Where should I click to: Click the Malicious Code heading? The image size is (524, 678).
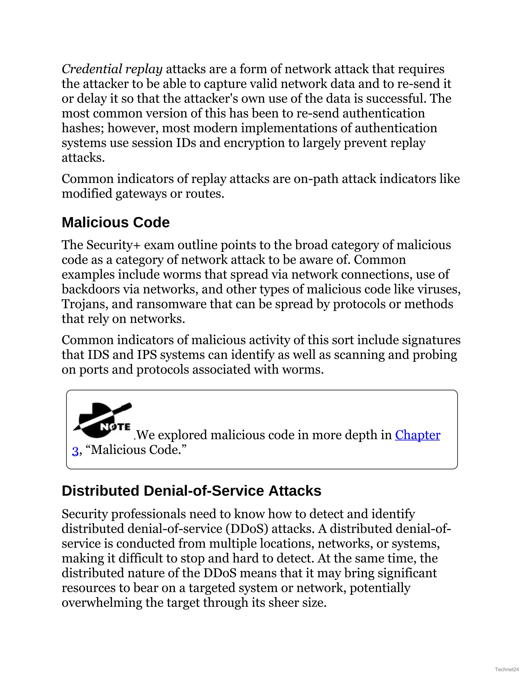pos(115,223)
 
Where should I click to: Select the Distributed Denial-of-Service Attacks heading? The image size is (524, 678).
pos(191,491)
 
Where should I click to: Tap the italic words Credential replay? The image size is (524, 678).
pos(112,69)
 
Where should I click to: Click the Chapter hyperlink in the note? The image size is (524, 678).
pos(417,435)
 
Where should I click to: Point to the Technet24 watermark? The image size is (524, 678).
pos(507,669)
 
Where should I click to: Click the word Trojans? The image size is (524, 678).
pos(85,304)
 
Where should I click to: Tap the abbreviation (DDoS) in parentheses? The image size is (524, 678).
pos(247,529)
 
